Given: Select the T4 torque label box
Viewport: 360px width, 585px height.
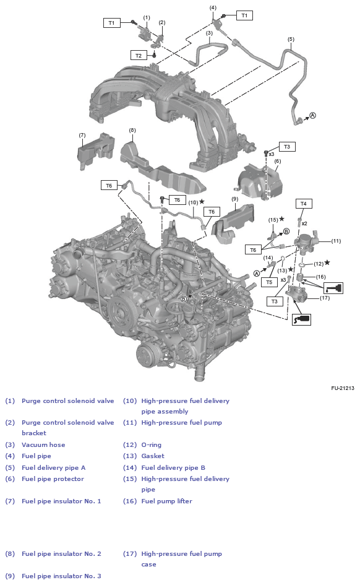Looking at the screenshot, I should (303, 204).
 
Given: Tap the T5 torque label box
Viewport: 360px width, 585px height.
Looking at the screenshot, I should (268, 282).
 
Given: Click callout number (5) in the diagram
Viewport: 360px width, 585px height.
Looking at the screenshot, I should (291, 39).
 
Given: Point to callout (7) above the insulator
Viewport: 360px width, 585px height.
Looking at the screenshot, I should (82, 135).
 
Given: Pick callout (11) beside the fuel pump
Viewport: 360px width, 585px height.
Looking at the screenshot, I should (336, 241).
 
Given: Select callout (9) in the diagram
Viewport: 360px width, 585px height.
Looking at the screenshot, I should (234, 199).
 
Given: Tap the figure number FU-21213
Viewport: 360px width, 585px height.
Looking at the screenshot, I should (342, 388).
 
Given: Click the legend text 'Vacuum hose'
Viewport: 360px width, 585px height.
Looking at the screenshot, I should (43, 444).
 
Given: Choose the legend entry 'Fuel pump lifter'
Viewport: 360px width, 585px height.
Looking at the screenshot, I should (166, 501).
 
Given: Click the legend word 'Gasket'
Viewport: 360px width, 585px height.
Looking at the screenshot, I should (153, 456).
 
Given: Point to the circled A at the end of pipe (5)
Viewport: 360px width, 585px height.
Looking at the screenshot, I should (312, 116).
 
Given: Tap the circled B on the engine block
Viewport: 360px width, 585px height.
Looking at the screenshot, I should (184, 299).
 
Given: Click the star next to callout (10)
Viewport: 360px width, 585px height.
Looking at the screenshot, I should (202, 202).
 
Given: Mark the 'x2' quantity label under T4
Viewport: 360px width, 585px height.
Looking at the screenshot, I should (304, 223).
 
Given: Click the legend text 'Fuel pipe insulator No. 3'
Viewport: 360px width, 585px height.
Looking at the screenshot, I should (61, 576).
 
